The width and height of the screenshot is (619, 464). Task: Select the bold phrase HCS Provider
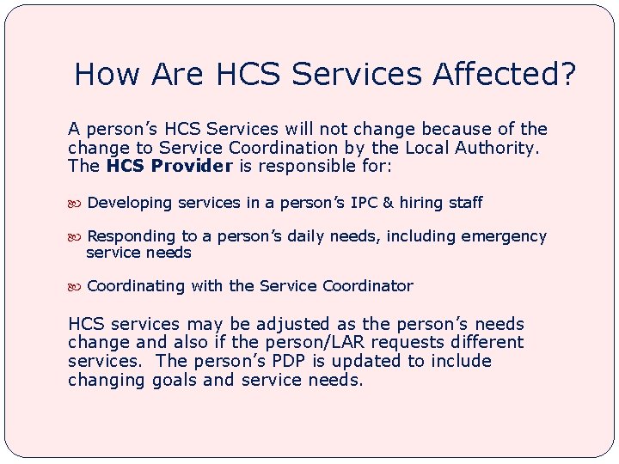pos(169,166)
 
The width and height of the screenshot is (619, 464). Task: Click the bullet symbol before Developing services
pos(76,204)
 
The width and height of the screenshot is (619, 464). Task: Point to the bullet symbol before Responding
pos(76,236)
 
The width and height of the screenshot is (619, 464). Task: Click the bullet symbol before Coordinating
pos(76,286)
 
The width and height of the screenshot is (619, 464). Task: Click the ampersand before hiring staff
pos(388,203)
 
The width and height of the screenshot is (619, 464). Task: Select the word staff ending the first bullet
pos(463,203)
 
